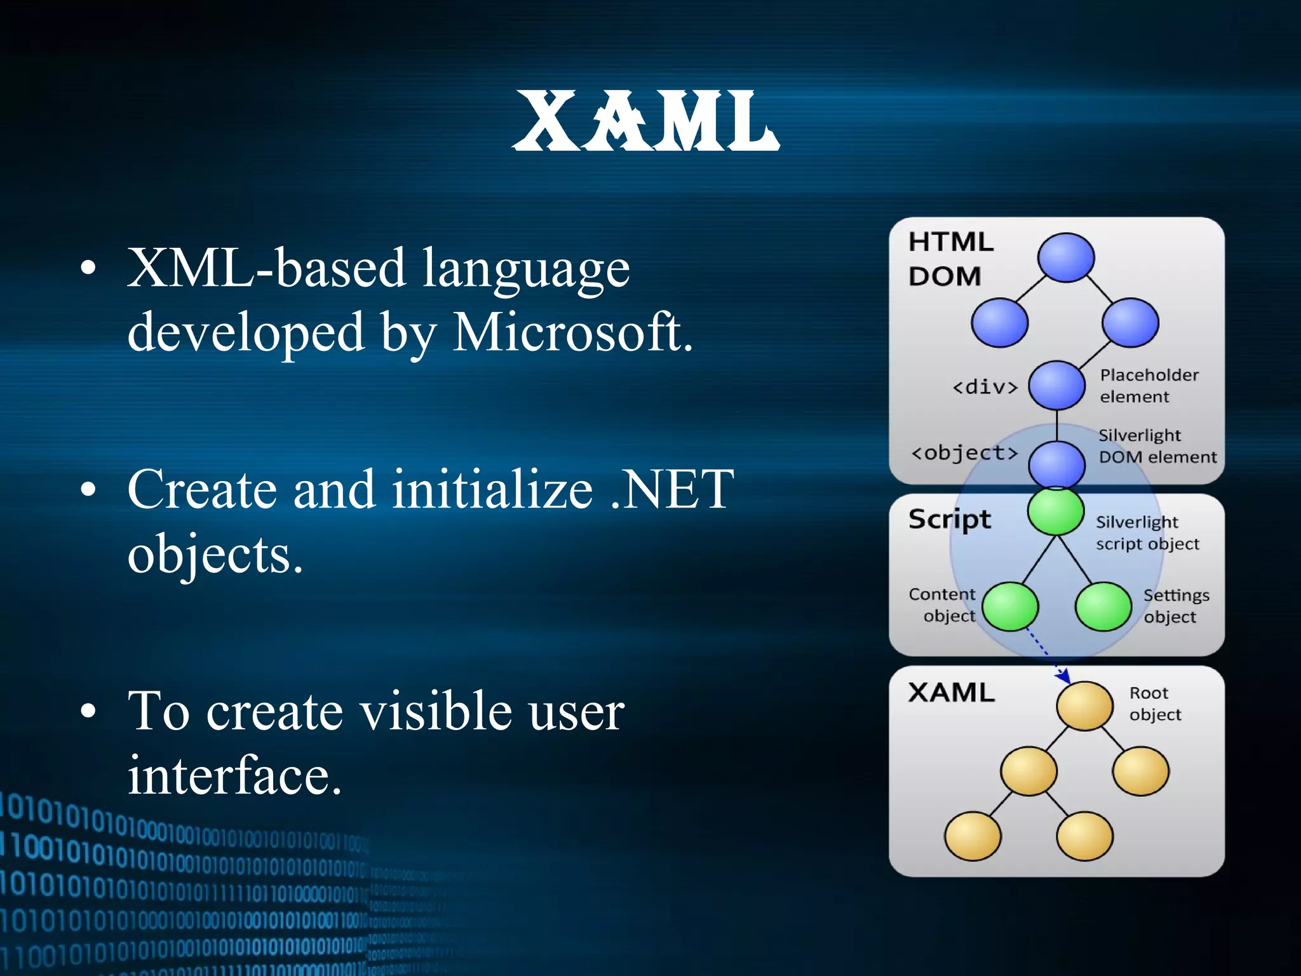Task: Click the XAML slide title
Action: (x=645, y=121)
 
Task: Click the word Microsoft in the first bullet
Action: (x=572, y=332)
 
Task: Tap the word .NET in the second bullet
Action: (x=671, y=489)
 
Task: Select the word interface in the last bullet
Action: (x=234, y=776)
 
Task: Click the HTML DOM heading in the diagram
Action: (x=950, y=259)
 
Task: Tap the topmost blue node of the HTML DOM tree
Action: (x=1065, y=257)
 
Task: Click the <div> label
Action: (x=985, y=386)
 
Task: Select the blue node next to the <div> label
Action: (x=1056, y=385)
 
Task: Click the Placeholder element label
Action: (x=1149, y=386)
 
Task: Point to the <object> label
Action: (x=964, y=452)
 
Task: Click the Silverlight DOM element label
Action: (x=1156, y=446)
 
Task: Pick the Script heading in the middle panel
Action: (x=949, y=519)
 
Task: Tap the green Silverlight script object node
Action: (x=1056, y=511)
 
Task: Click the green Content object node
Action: (x=1010, y=606)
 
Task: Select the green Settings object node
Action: (x=1103, y=606)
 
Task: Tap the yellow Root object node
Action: (x=1084, y=706)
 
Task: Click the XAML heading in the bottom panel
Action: (x=951, y=693)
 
